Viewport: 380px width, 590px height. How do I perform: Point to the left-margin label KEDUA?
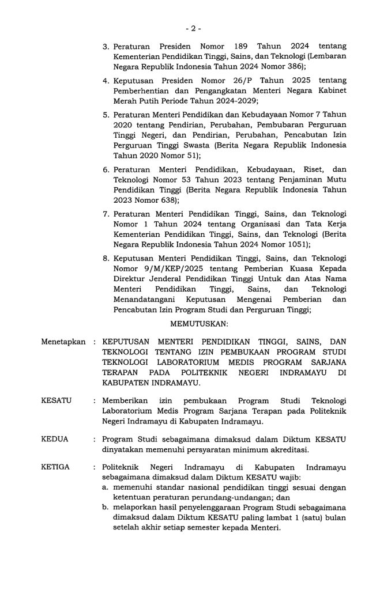pyautogui.click(x=55, y=439)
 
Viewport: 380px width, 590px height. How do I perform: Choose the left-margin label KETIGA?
pyautogui.click(x=56, y=467)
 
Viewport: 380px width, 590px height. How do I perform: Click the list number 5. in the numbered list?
pyautogui.click(x=107, y=115)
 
